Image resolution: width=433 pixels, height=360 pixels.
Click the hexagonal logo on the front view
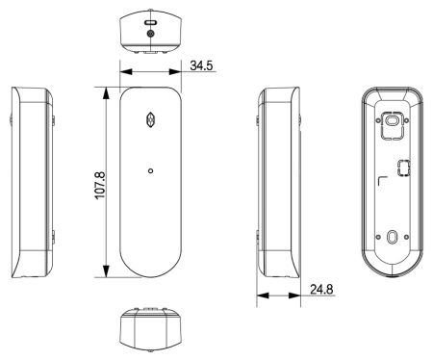click(x=149, y=121)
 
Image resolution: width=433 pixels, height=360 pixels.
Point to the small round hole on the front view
click(x=150, y=171)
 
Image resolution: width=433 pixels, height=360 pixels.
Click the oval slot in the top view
click(x=149, y=19)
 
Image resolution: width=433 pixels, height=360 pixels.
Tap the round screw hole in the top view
click(x=149, y=31)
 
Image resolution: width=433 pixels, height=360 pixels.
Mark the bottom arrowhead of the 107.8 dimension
click(x=103, y=274)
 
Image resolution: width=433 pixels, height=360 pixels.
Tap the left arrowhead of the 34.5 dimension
click(x=123, y=71)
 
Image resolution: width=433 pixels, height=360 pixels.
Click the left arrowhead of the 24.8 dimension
click(x=262, y=295)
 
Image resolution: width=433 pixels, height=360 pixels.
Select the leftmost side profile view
click(x=32, y=183)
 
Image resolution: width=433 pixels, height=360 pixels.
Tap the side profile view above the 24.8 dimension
click(x=280, y=183)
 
